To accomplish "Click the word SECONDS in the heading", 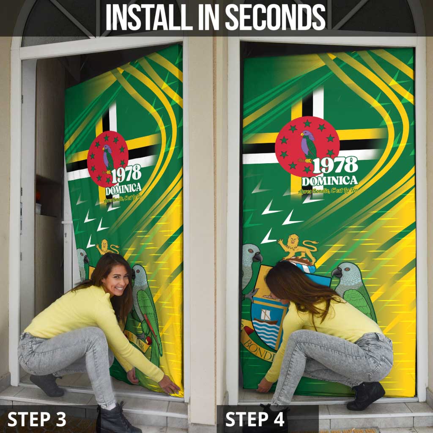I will pos(275,17).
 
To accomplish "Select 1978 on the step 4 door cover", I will pos(335,165).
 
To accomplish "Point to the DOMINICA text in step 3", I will pos(123,189).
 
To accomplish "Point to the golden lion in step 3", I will pos(106,247).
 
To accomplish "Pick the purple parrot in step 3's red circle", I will pos(108,157).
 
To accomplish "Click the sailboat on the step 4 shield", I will pos(266,315).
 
